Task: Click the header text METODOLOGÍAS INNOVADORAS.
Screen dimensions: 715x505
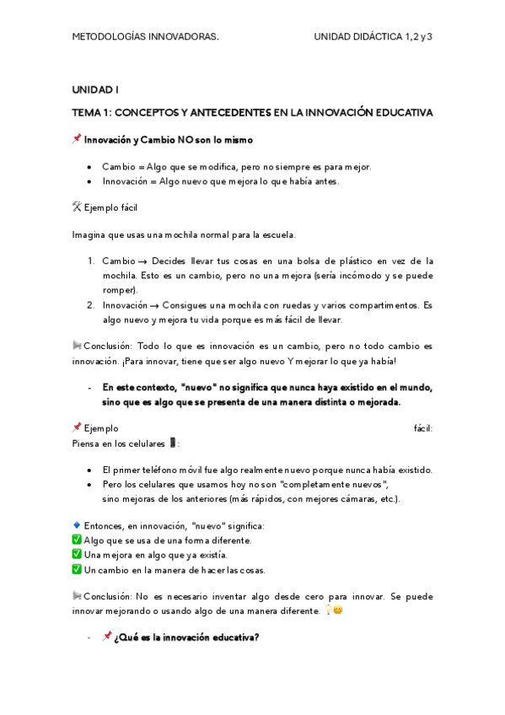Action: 146,37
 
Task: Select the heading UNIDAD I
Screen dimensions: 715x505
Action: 95,89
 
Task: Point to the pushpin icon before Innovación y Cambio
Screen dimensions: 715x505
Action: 77,139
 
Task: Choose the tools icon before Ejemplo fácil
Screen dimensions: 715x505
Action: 77,207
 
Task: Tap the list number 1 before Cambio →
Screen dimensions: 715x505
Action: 91,261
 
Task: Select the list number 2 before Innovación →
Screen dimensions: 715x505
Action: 91,304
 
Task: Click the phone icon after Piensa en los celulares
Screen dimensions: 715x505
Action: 173,443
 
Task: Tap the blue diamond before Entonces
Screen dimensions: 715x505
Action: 77,525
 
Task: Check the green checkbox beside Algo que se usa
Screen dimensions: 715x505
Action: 77,540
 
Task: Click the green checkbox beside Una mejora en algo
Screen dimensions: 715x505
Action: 77,554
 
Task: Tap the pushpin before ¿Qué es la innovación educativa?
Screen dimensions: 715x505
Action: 107,637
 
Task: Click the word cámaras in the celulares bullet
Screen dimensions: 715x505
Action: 349,497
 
